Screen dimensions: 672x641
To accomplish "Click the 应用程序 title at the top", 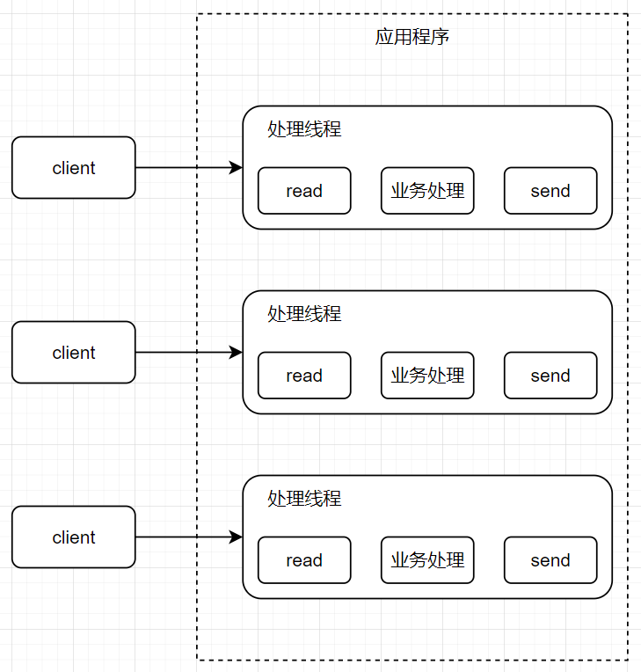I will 412,38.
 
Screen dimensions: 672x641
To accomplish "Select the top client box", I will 74,168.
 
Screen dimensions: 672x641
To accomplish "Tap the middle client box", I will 74,353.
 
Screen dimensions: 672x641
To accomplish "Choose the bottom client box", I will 74,537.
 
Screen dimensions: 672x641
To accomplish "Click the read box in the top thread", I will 304,191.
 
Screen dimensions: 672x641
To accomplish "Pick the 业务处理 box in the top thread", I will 427,191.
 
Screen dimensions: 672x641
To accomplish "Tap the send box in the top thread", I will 550,191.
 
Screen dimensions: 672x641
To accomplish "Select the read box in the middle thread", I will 304,376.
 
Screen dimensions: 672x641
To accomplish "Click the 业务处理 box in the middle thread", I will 427,376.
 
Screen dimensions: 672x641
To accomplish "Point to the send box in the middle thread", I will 550,376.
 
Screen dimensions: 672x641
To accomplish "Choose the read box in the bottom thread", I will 304,560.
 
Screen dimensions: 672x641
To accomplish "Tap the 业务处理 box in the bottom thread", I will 427,560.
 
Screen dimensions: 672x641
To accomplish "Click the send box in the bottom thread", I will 550,560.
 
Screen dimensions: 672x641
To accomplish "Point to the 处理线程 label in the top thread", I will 304,129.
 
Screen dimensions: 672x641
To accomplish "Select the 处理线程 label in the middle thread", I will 304,314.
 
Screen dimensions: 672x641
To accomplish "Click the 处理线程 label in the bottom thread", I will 304,499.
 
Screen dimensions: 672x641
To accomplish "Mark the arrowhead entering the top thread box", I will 236,168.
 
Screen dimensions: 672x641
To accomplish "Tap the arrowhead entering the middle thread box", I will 236,353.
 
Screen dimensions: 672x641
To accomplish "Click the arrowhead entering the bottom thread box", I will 236,537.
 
